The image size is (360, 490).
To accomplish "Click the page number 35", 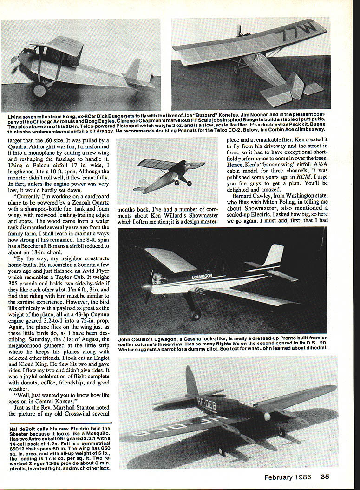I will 325,477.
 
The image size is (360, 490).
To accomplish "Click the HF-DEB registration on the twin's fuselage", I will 207,402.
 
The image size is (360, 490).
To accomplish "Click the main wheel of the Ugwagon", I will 196,315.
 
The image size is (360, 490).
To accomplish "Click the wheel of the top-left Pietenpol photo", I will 39,90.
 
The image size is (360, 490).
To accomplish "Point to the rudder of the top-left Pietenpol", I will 134,71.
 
